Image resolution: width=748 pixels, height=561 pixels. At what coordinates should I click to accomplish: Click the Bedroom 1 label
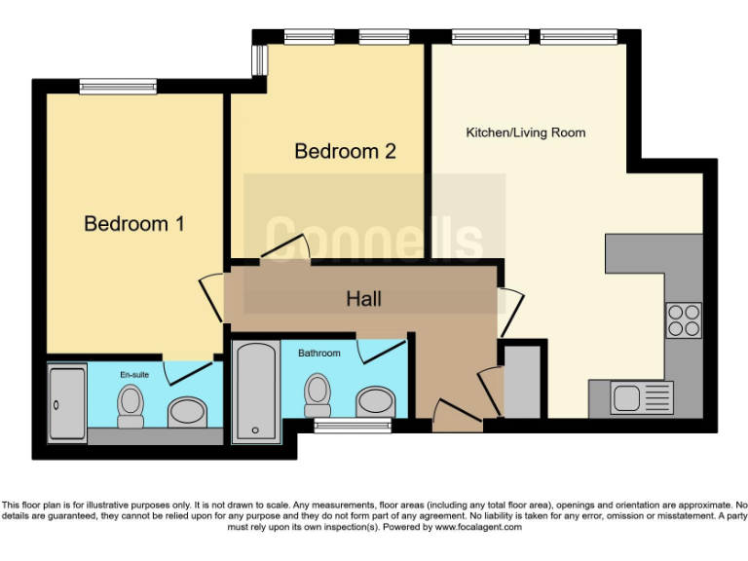click(134, 224)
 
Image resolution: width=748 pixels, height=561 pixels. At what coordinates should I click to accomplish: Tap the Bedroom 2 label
click(345, 152)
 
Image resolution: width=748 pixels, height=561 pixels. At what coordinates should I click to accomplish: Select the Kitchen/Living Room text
click(526, 132)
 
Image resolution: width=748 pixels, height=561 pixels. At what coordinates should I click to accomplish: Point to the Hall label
click(363, 299)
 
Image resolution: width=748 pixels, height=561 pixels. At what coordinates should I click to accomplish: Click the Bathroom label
click(318, 353)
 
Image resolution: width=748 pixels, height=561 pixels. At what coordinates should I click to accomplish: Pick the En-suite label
click(133, 374)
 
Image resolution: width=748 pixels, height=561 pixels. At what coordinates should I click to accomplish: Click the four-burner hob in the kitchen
click(684, 319)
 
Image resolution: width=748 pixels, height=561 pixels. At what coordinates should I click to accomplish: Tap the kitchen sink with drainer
click(641, 397)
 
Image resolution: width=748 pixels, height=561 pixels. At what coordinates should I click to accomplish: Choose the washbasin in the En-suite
click(187, 410)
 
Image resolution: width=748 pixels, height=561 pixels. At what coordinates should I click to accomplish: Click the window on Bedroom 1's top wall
click(118, 87)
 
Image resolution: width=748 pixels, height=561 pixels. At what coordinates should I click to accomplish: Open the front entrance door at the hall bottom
click(457, 416)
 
